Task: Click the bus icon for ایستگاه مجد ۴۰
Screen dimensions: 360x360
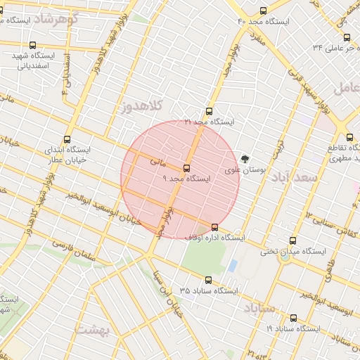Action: pos(264,11)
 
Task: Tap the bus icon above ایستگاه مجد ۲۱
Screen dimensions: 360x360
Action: pos(209,111)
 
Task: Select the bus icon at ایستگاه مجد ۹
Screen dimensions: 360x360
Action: pos(186,168)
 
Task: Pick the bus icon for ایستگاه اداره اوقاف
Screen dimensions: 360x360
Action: pos(214,227)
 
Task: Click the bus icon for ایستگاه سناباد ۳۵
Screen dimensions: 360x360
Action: pos(207,279)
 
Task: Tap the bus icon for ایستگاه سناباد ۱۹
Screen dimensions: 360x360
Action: pos(293,317)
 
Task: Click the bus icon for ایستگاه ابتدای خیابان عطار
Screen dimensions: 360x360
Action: pos(67,139)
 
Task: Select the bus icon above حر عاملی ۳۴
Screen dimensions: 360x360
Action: pos(347,37)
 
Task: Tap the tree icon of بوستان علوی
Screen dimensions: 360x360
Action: pos(245,159)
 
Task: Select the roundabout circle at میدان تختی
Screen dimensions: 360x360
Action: pos(285,257)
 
